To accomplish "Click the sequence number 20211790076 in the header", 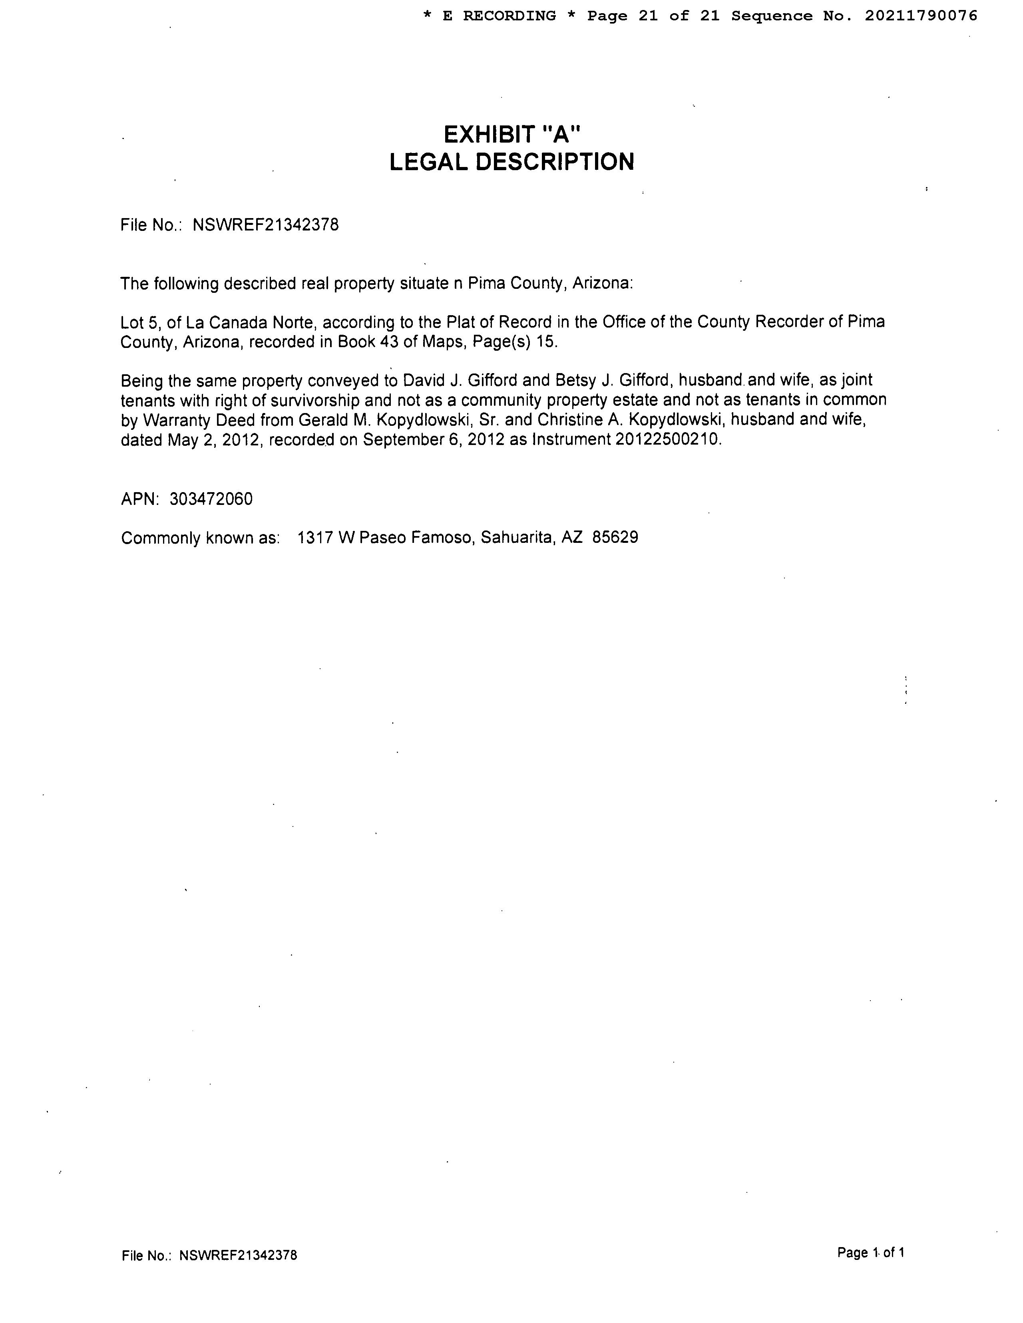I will pos(921,16).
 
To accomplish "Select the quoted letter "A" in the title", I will pos(560,133).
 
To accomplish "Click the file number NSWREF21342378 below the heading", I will pos(265,225).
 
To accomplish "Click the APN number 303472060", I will pos(211,499).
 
